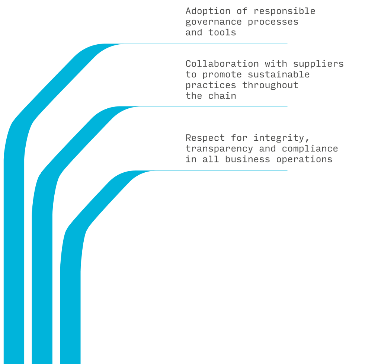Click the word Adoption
(208, 11)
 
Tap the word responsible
(284, 11)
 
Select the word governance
(214, 22)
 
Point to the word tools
(222, 32)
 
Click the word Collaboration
(222, 64)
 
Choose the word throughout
(270, 85)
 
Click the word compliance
(310, 149)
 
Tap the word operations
(304, 159)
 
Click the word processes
(273, 22)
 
